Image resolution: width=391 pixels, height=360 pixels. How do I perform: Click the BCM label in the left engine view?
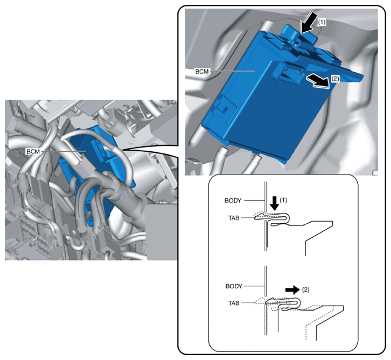point(33,151)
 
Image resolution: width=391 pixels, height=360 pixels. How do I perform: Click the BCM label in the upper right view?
point(202,72)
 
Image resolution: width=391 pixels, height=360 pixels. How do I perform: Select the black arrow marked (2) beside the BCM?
point(318,81)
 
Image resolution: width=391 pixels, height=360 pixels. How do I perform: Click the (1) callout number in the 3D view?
point(322,22)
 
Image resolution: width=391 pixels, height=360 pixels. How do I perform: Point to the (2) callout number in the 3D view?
point(335,79)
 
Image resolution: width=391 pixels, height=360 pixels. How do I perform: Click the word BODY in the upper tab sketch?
point(233,201)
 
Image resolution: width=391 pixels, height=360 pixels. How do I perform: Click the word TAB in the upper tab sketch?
point(234,218)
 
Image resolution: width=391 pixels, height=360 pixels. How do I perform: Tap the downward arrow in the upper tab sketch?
point(275,203)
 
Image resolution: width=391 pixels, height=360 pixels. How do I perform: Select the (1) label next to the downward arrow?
point(283,200)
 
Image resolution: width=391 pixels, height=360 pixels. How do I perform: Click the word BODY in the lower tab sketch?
point(234,286)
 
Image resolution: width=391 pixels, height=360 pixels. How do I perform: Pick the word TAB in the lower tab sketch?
point(234,303)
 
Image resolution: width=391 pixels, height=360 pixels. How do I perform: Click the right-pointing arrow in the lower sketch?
point(292,290)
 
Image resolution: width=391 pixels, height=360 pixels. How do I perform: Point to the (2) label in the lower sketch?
point(305,290)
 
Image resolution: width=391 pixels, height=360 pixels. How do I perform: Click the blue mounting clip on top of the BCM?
point(299,34)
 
